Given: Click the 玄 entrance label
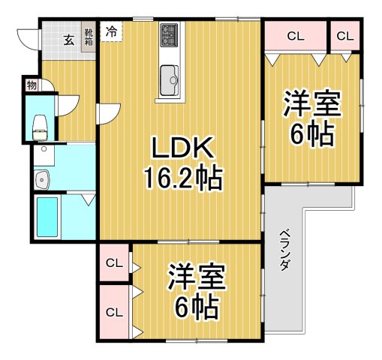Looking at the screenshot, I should point(68,40).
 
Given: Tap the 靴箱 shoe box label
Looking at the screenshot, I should point(89,37).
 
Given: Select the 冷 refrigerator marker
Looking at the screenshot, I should point(111,32).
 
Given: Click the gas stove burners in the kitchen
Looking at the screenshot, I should point(168,33).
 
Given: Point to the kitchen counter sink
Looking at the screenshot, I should point(168,76).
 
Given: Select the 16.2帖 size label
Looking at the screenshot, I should point(182,178).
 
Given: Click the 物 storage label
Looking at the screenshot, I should point(32,85).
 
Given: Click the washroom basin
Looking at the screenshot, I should point(41,180).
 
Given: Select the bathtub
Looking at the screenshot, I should point(47,217).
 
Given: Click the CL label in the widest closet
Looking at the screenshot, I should point(295,35).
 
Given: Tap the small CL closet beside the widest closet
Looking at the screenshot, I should point(345,35).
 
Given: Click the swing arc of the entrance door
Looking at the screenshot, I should point(27,37).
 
